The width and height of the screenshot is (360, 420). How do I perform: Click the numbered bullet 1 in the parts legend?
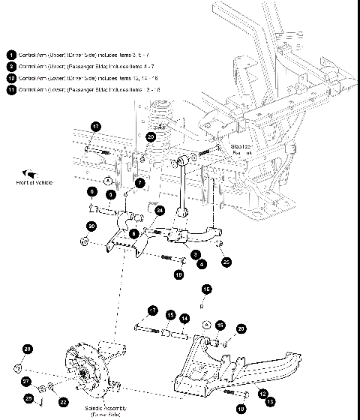click(x=11, y=55)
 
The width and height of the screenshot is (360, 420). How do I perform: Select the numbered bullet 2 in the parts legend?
click(x=11, y=67)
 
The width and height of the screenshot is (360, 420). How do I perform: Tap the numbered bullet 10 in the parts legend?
click(x=11, y=78)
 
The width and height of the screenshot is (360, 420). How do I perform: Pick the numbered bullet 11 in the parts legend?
click(x=11, y=89)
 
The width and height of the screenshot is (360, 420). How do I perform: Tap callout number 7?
click(x=139, y=182)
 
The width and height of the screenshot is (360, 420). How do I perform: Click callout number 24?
click(x=160, y=211)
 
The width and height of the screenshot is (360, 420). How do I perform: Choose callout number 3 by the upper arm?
click(x=196, y=254)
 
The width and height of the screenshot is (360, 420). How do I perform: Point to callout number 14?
click(x=184, y=318)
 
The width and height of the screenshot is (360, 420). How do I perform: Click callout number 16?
click(x=206, y=288)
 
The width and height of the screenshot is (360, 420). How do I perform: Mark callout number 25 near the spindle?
click(x=29, y=397)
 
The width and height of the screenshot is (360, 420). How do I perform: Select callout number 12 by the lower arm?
click(x=262, y=393)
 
